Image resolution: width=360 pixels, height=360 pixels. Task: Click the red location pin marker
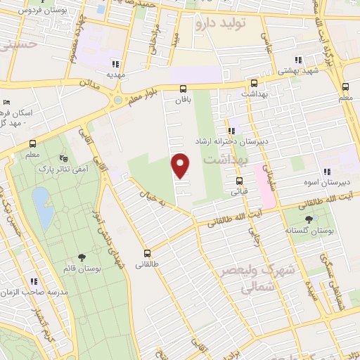181,165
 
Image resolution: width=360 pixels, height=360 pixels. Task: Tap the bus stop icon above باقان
183,89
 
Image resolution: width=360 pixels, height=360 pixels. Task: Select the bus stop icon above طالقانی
148,253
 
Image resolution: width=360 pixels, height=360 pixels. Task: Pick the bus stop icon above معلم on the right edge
345,87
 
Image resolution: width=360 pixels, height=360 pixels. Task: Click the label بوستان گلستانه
303,231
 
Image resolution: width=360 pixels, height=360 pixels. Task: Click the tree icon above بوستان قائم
82,257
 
